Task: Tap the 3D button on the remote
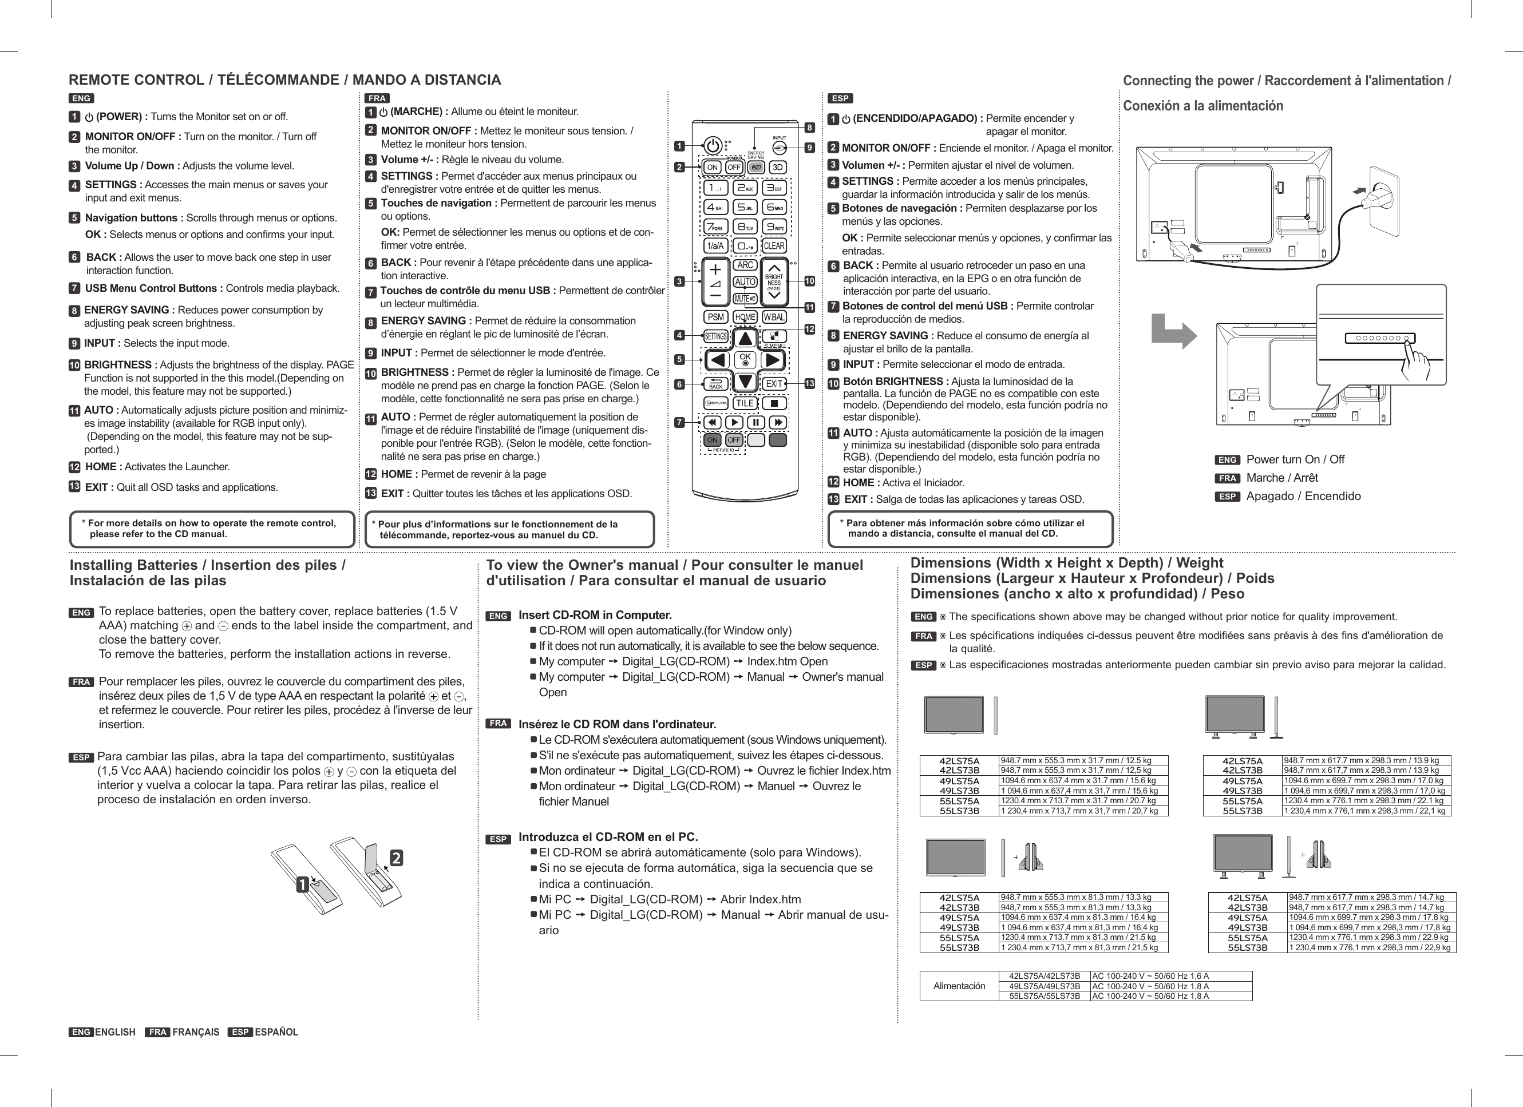tap(777, 167)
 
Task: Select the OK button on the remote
tap(745, 359)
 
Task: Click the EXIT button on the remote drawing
tap(774, 383)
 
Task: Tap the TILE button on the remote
tap(745, 403)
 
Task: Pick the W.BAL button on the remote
tap(774, 317)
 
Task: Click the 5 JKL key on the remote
tap(745, 208)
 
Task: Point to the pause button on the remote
tap(756, 422)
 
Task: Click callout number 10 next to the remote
tap(809, 280)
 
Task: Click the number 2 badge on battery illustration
tap(396, 858)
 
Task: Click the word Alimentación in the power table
tap(959, 986)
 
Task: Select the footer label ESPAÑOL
tap(276, 1032)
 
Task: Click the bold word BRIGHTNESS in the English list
tap(120, 364)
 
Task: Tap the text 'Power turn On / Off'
tap(1295, 459)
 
